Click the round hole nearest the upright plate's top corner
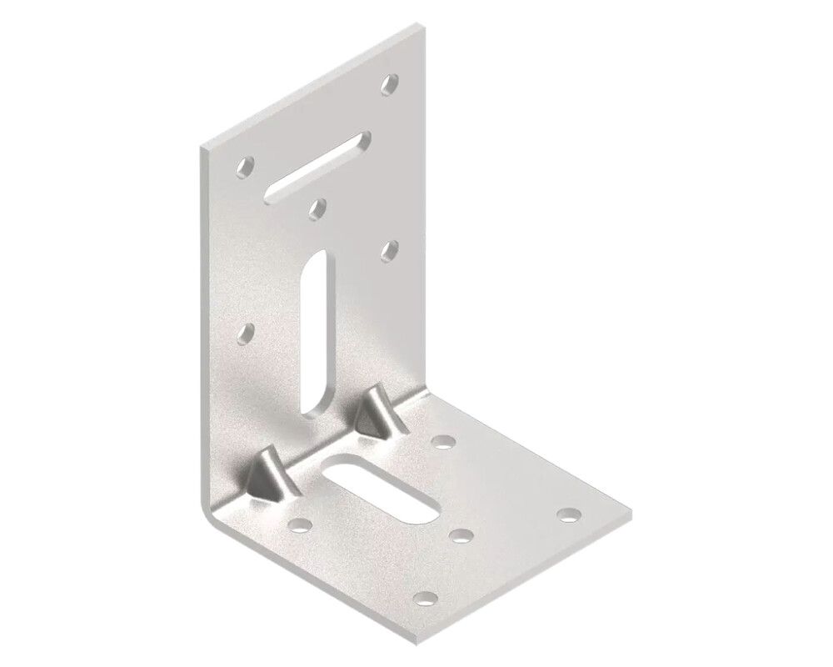click(389, 83)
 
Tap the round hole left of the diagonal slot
click(246, 168)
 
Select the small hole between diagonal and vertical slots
click(317, 207)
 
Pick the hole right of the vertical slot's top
click(389, 248)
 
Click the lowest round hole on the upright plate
click(246, 333)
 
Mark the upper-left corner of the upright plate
click(203, 148)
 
